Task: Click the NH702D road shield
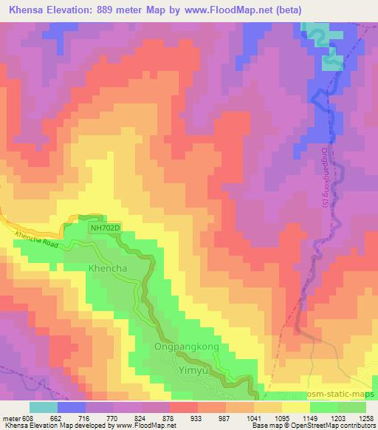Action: [x=104, y=229]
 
